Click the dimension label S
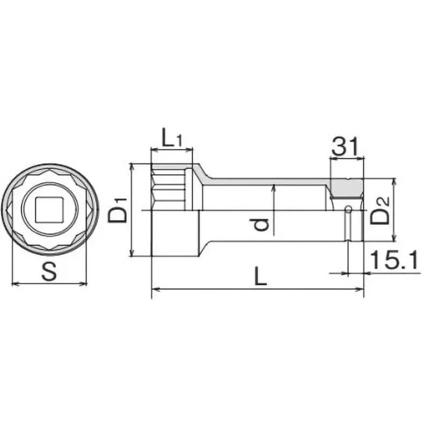tap(49, 271)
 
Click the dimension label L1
tap(172, 139)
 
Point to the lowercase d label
tap(262, 222)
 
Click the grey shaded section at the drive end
tap(347, 188)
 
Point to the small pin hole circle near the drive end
tap(348, 209)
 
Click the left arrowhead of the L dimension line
tap(155, 290)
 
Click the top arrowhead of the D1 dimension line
tap(132, 167)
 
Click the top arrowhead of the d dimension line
tap(274, 186)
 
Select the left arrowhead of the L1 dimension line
tap(154, 151)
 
